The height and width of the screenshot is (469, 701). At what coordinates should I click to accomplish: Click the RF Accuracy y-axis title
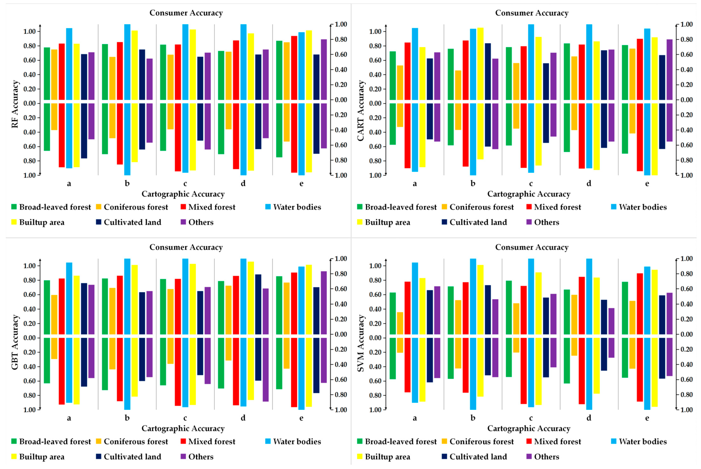[15, 104]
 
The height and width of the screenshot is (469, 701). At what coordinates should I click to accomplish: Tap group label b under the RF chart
[127, 183]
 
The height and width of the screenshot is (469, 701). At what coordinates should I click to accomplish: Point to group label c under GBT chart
[185, 418]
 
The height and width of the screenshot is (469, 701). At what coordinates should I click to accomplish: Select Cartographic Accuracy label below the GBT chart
[183, 428]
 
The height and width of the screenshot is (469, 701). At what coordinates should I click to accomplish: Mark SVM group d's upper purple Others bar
[611, 321]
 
